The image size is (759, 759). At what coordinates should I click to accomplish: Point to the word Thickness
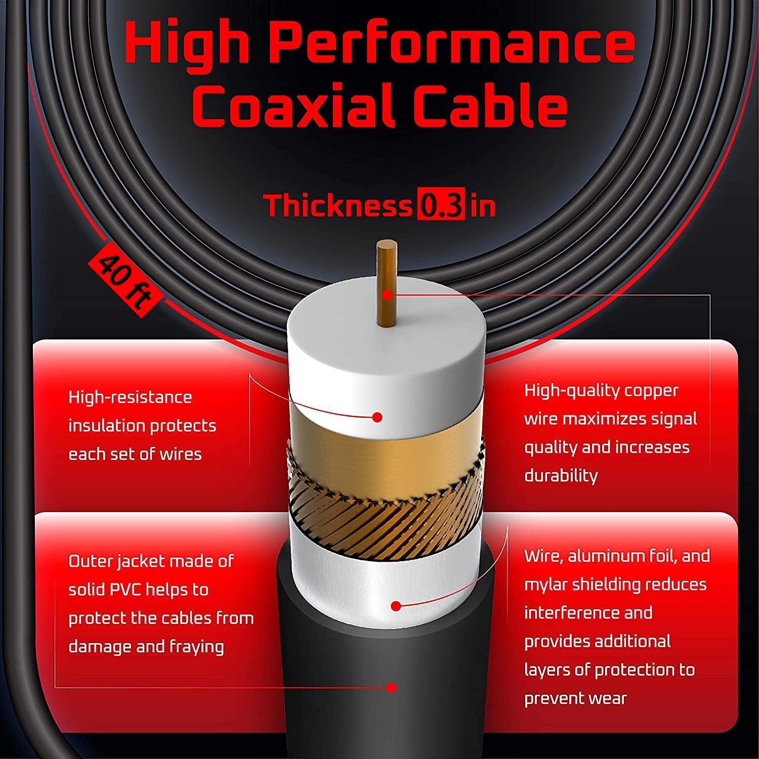(338, 205)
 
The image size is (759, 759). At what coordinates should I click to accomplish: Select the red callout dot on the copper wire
(388, 294)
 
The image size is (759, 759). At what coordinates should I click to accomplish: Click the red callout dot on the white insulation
(377, 417)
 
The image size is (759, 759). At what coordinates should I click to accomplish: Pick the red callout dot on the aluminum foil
(397, 606)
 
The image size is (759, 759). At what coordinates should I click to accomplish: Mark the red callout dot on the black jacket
(391, 687)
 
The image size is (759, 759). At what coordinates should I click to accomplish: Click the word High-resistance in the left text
(131, 397)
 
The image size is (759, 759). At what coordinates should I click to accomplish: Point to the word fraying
(197, 647)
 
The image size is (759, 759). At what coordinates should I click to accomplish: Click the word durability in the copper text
(561, 476)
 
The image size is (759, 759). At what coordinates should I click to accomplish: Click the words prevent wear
(575, 699)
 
